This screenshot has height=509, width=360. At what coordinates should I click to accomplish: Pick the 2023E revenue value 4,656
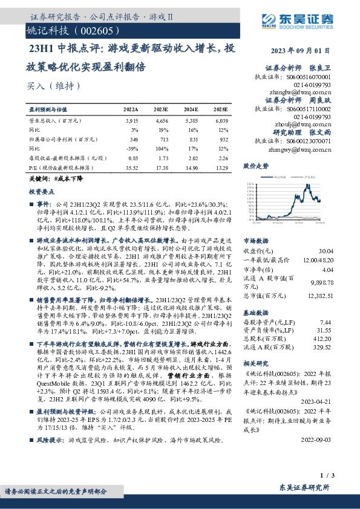[160, 122]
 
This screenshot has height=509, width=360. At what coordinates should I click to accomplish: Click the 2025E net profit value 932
[222, 140]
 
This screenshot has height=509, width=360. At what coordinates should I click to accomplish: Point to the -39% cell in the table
[131, 149]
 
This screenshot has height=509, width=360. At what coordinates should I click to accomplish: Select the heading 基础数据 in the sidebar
[255, 314]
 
